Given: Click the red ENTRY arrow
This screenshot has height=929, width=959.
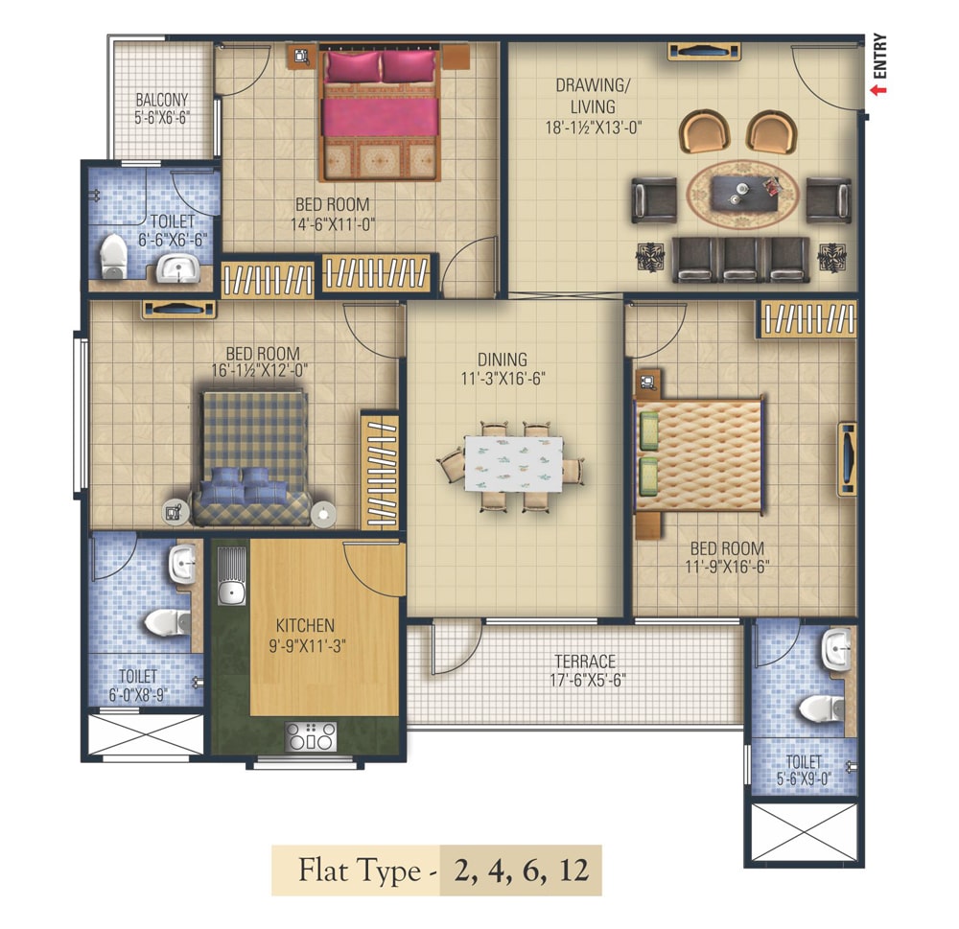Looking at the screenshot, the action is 879,90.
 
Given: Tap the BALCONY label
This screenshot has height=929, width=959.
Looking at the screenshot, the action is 161,100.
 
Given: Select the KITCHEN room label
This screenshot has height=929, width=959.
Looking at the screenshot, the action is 305,626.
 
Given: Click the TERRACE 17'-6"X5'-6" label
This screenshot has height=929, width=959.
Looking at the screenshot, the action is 585,671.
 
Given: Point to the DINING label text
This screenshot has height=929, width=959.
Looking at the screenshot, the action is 503,360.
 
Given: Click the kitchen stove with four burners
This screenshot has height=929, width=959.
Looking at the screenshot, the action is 311,736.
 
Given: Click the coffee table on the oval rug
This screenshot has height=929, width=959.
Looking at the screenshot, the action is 744,193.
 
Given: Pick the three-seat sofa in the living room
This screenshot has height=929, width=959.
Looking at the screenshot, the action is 740,259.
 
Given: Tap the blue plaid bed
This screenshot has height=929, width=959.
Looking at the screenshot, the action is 253,458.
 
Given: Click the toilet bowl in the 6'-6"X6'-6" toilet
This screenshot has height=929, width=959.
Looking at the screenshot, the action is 113,256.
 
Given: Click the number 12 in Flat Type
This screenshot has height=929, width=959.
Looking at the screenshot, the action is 573,871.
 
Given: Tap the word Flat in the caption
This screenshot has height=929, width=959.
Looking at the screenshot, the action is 320,871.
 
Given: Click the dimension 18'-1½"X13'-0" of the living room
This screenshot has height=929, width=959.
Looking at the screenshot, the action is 594,128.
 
